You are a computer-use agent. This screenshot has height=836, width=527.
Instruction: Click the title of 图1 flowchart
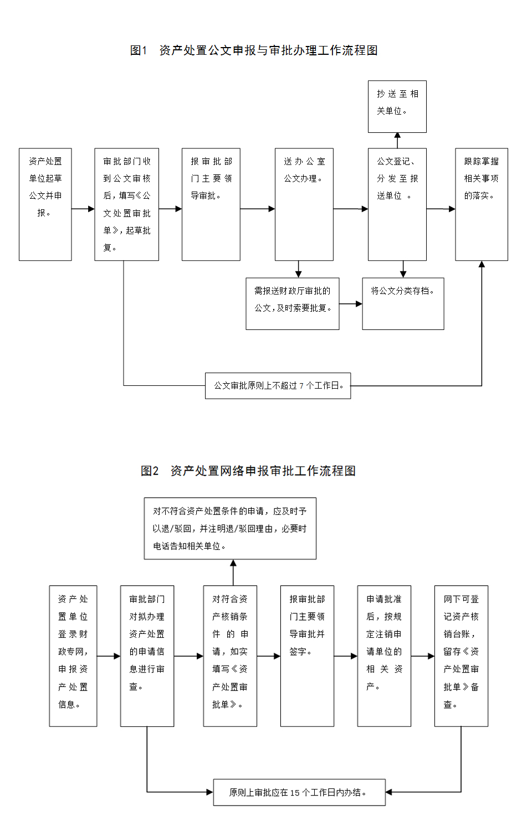coord(254,50)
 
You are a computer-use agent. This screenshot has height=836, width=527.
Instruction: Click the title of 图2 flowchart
coord(248,471)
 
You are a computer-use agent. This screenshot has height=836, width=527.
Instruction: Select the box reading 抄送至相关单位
coord(397,106)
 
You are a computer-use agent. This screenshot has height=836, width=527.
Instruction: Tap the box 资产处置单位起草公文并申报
coord(45,204)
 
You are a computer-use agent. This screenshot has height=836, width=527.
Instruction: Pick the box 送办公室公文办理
coord(304,204)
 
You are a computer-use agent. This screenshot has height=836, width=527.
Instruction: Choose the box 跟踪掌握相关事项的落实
coord(482,204)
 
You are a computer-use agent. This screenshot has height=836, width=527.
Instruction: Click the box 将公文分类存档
coord(403,303)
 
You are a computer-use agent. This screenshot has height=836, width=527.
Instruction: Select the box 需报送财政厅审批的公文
coord(293,303)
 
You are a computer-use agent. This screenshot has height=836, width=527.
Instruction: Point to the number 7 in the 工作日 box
coord(301,386)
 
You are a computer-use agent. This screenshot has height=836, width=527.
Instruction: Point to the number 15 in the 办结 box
coord(295,793)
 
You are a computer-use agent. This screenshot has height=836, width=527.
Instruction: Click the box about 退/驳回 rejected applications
coord(230,528)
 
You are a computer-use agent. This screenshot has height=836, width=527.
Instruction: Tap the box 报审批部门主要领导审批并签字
coord(307,656)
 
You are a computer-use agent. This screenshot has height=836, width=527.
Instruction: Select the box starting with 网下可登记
coord(461,656)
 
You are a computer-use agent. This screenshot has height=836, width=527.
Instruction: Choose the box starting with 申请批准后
coord(384,656)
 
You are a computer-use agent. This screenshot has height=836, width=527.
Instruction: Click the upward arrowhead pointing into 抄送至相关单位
coord(397,136)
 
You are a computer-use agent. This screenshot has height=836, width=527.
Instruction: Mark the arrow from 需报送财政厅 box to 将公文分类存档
coord(351,304)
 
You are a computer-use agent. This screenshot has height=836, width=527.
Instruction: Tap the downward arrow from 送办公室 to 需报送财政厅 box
coord(299,269)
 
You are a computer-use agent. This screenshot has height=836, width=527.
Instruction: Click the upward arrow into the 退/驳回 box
coord(233,572)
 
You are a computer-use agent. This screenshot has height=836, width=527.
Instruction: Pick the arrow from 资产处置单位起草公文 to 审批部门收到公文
coord(83,209)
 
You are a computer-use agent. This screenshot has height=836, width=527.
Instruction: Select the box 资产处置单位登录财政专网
coord(73,656)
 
